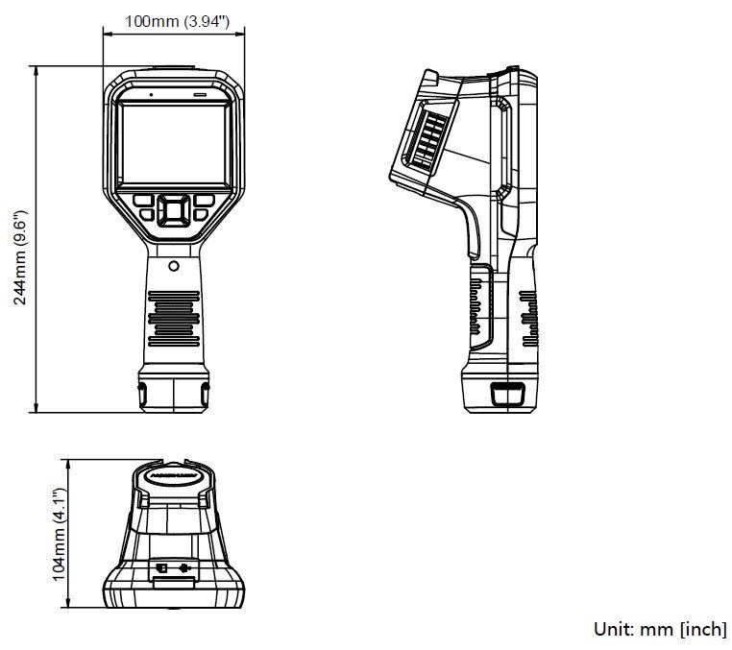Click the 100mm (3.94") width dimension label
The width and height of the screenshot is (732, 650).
click(x=178, y=20)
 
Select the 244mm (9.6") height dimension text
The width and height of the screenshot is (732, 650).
click(x=20, y=258)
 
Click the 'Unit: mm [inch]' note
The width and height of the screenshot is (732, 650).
click(x=660, y=629)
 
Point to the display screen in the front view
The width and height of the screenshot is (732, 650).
click(x=173, y=144)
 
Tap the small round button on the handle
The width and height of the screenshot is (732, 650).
click(x=174, y=265)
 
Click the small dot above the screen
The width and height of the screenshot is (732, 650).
click(x=150, y=95)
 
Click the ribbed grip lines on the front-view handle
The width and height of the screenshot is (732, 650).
click(x=174, y=317)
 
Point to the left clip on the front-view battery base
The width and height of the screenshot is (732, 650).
click(x=142, y=393)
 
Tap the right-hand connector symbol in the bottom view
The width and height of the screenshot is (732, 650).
click(x=184, y=567)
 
